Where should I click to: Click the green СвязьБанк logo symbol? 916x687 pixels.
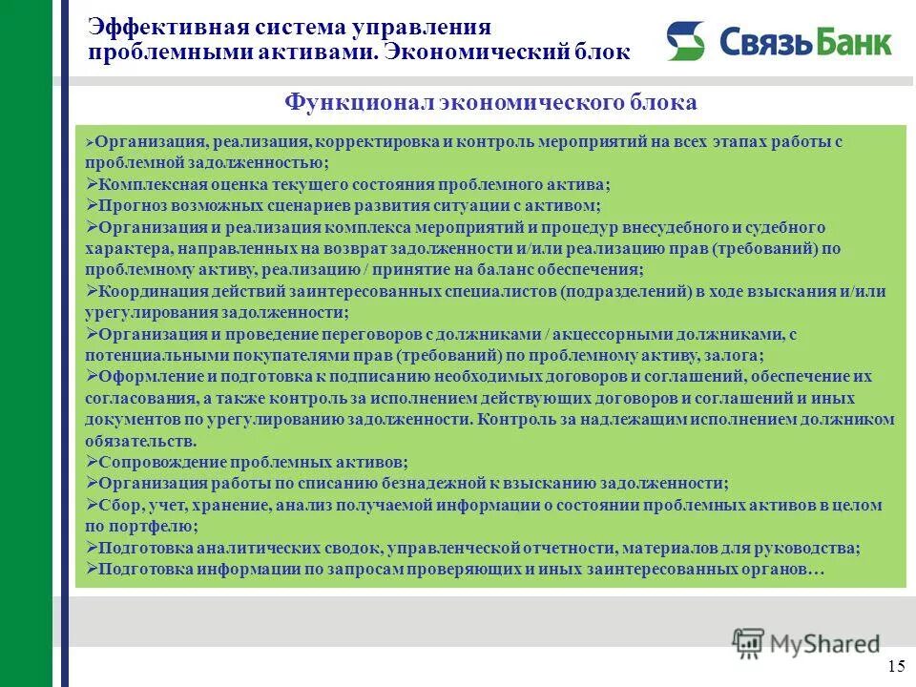click(685, 42)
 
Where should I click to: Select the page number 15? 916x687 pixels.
click(896, 666)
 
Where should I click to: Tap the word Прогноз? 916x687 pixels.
click(129, 205)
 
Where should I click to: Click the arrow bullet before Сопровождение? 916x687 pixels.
click(92, 462)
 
